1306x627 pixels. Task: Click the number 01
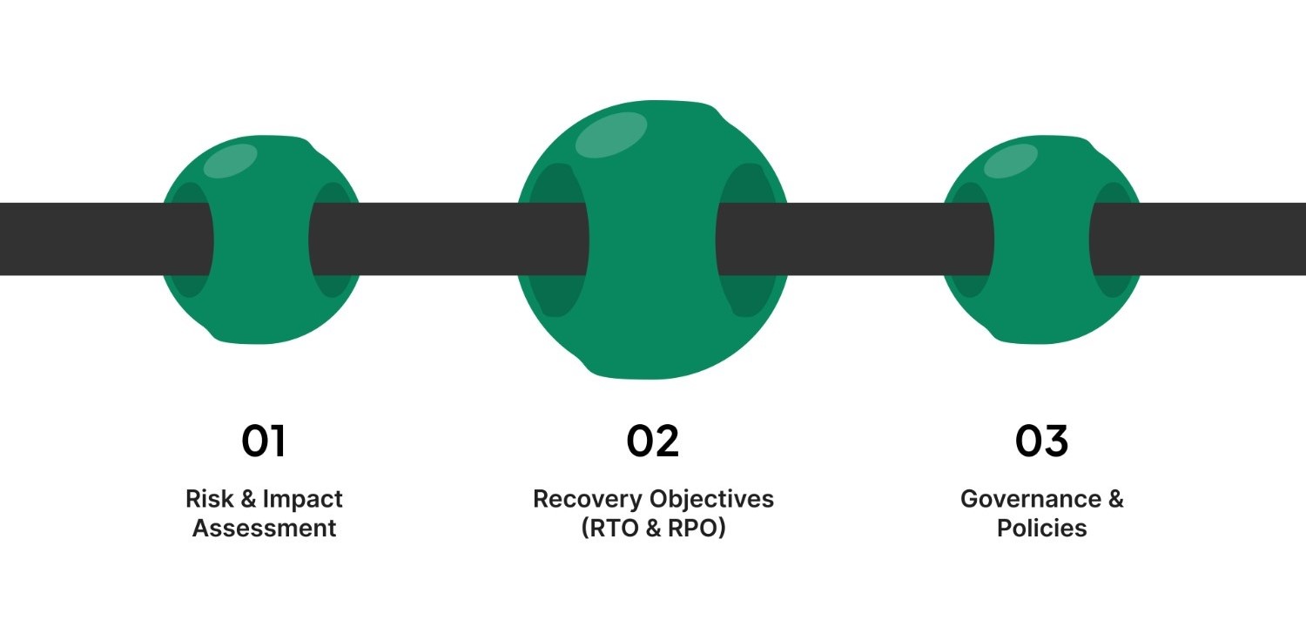[x=263, y=442]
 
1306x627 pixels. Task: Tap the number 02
[x=652, y=442]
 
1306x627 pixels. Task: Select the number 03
[x=1041, y=442]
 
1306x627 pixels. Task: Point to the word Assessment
[x=264, y=528]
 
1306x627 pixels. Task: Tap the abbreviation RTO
[x=619, y=528]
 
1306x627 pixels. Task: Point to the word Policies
[x=1041, y=528]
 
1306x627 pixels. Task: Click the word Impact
[x=303, y=499]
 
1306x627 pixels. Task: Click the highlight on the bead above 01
[x=230, y=161]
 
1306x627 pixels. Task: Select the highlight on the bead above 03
[x=1011, y=161]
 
